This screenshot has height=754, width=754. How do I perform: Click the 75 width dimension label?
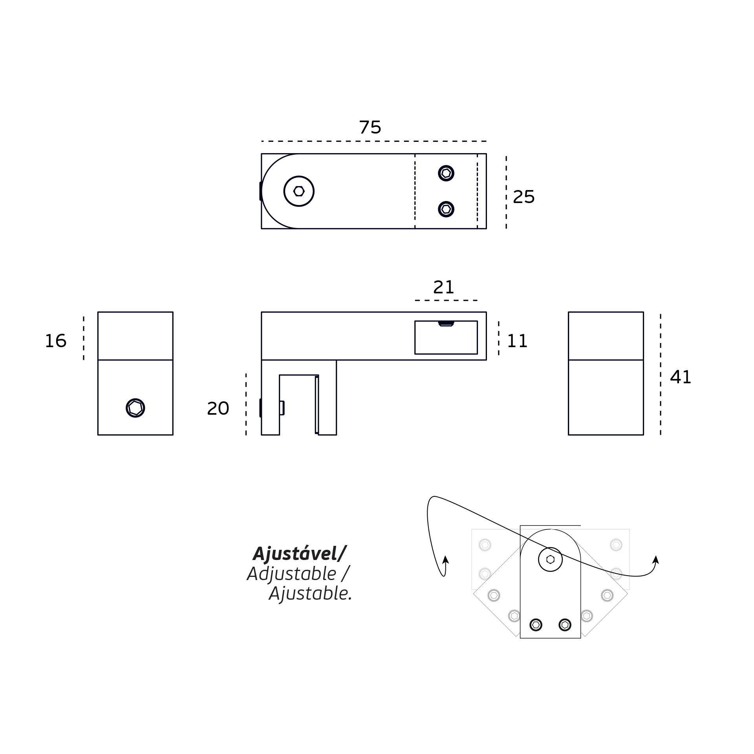click(x=370, y=128)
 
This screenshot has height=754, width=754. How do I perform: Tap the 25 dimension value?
click(x=523, y=197)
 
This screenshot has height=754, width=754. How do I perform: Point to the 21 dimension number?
click(x=444, y=287)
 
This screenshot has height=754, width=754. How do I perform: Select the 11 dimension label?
click(x=517, y=341)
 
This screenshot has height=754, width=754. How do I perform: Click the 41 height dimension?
click(x=680, y=377)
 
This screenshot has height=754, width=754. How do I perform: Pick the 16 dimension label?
click(x=55, y=341)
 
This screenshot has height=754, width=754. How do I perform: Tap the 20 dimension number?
click(x=218, y=408)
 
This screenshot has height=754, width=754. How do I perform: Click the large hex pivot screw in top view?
click(x=299, y=191)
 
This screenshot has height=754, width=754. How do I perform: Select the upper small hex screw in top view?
click(x=446, y=173)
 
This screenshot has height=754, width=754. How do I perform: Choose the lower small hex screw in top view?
click(x=446, y=209)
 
